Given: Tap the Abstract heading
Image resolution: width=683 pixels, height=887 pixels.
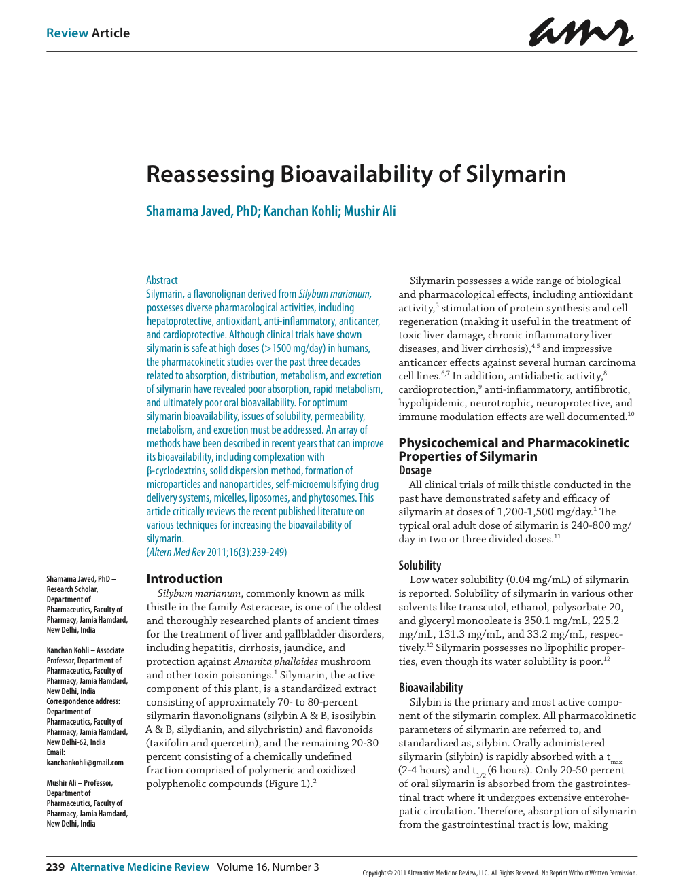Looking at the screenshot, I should (162, 280).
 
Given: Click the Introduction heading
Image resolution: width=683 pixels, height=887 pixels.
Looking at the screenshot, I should (184, 579).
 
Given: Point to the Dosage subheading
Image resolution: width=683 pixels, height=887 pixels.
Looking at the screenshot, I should (415, 470).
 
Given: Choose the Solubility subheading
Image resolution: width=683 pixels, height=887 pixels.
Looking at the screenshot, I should (419, 566).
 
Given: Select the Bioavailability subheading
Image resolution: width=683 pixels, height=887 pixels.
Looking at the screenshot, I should (430, 688).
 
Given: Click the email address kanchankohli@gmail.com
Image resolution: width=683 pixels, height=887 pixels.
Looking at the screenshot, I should (85, 763).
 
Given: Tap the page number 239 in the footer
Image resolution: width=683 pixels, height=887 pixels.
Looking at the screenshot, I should (55, 867).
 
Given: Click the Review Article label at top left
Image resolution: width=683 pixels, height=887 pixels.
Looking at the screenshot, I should (88, 33).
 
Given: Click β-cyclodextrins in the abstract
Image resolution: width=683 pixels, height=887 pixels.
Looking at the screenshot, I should (176, 470).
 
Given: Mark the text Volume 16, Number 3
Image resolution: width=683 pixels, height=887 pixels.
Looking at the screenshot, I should (268, 867).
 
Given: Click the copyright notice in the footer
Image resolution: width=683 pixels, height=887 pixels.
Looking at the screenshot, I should (500, 873).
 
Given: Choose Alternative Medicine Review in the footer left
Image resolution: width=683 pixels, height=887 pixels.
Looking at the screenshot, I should (140, 867).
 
